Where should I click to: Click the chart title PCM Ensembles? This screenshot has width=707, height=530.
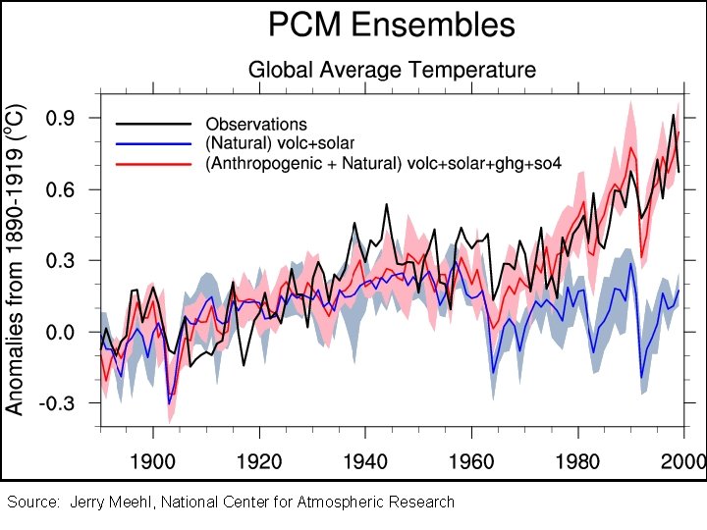392,25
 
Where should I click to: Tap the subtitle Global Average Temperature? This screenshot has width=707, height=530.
392,70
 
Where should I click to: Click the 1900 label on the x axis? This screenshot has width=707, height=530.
153,461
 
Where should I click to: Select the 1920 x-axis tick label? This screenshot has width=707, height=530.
259,461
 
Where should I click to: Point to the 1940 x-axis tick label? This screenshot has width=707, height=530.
365,461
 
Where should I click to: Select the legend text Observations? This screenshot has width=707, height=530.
256,125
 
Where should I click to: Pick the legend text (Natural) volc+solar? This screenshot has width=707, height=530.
280,144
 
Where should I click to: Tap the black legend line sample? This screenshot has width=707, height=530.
152,125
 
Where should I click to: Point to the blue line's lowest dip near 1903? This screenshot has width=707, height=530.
169,402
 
